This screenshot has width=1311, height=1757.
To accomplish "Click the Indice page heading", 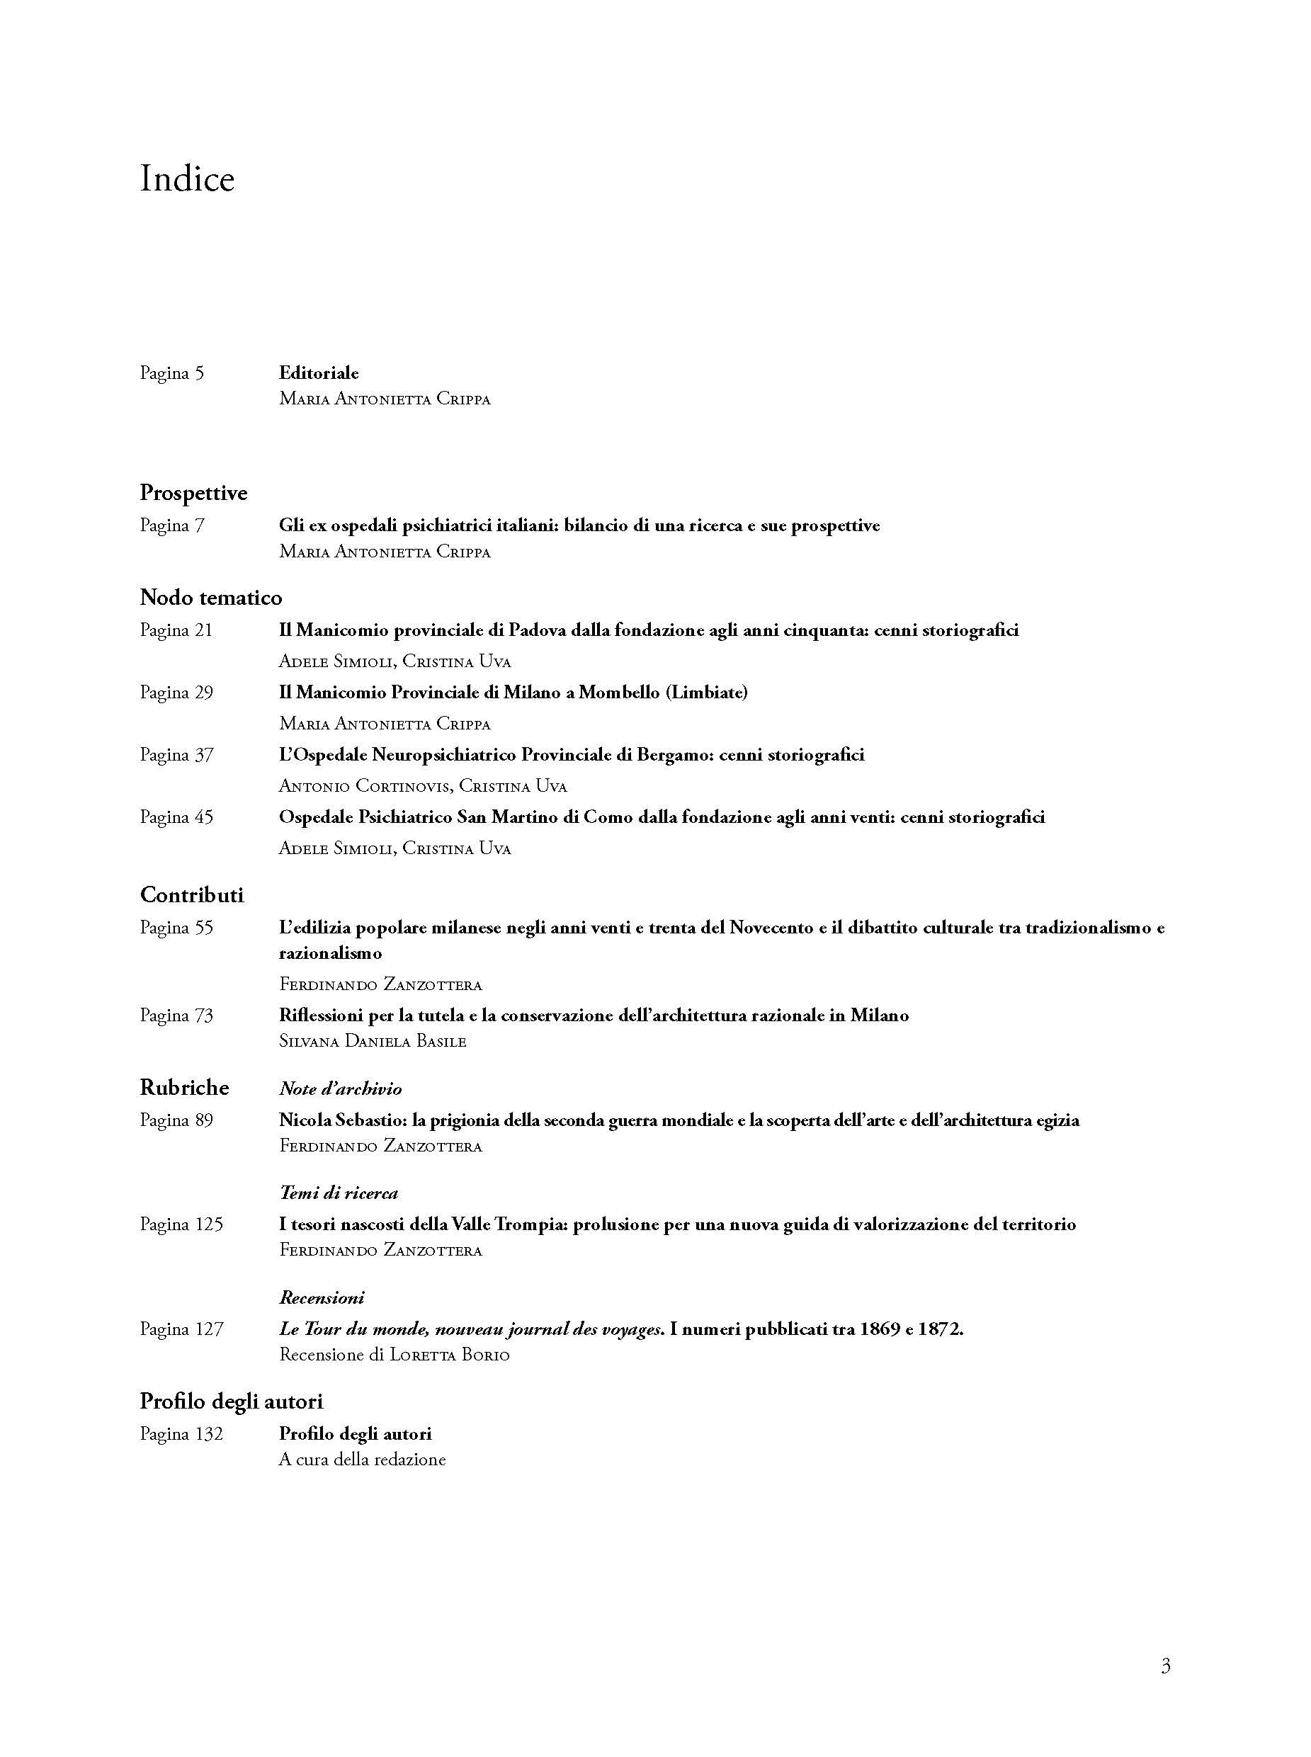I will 187,179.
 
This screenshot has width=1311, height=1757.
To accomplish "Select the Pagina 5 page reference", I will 171,373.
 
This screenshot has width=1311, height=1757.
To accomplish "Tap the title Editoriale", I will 318,373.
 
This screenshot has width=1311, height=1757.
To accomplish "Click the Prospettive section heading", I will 193,493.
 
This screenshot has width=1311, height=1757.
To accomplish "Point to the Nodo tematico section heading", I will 210,598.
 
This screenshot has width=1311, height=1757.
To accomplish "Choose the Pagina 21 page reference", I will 176,630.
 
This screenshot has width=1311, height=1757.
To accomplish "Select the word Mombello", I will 619,692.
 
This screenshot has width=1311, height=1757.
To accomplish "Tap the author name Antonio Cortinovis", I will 364,787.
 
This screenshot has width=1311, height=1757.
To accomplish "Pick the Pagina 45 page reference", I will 176,817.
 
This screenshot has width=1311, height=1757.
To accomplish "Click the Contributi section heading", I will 191,895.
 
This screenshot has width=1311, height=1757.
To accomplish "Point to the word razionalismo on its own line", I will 330,953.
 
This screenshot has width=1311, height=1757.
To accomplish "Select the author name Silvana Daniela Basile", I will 372,1041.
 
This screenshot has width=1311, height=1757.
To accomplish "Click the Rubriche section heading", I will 184,1087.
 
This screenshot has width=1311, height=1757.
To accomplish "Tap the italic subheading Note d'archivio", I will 340,1088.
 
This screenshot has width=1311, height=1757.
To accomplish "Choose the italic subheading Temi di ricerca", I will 338,1193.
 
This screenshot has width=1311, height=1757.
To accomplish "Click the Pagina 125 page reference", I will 181,1224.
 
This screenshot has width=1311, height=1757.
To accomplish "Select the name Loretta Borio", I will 449,1355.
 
